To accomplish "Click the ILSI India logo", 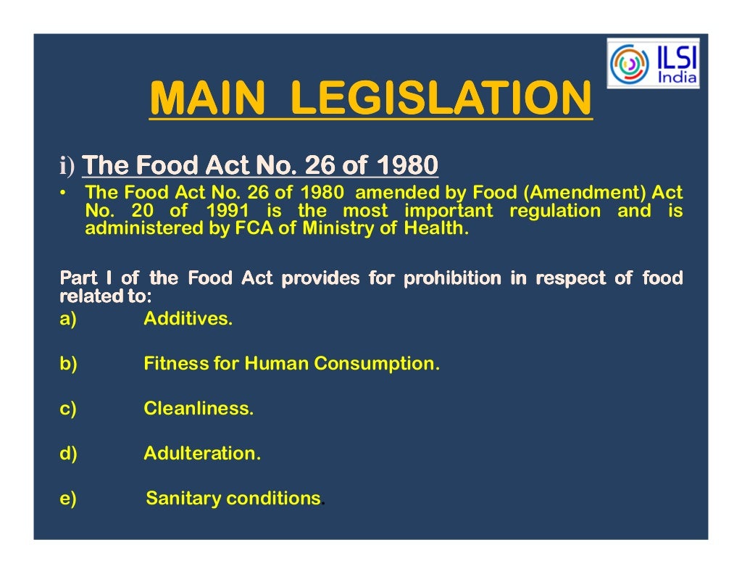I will [653, 63].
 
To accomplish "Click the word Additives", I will [188, 318].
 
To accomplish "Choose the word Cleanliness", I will [199, 408].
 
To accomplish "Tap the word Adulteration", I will [201, 454].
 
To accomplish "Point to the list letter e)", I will [68, 499].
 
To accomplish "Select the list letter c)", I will [68, 408].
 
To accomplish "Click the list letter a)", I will [68, 318].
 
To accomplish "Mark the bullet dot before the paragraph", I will [64, 194].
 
